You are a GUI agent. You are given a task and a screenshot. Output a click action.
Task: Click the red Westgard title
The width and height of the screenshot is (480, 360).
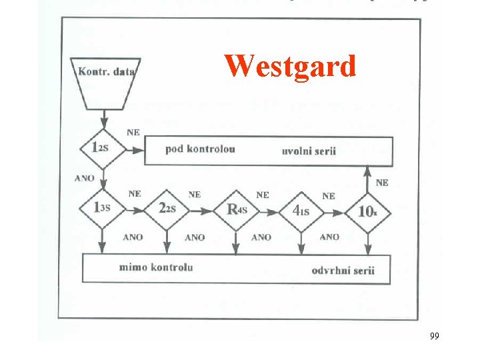pos(290,66)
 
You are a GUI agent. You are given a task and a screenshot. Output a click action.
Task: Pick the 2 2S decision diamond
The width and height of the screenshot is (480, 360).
pos(167,209)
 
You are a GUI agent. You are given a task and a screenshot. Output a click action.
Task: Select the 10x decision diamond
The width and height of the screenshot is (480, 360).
pos(367,211)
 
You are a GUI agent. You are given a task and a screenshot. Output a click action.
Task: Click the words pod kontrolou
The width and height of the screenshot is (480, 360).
pos(200,149)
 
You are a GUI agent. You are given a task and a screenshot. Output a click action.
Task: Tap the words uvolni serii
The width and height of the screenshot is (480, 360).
pos(309,151)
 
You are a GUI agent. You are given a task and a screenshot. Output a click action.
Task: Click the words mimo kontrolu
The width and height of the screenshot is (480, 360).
pos(156,267)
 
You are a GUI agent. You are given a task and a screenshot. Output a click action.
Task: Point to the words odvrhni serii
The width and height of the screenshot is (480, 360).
pos(343,270)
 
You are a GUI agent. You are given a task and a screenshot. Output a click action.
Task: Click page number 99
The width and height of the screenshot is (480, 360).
pos(434,336)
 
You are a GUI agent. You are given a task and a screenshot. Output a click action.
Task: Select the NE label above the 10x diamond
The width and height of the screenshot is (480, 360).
pos(383,182)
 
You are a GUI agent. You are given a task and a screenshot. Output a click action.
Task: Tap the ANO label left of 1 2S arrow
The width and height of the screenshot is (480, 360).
pos(84,179)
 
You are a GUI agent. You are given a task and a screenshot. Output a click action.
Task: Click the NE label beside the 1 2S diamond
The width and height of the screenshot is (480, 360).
pos(133,133)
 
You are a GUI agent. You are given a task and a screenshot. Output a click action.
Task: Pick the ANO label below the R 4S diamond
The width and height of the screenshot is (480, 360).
pos(261,237)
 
